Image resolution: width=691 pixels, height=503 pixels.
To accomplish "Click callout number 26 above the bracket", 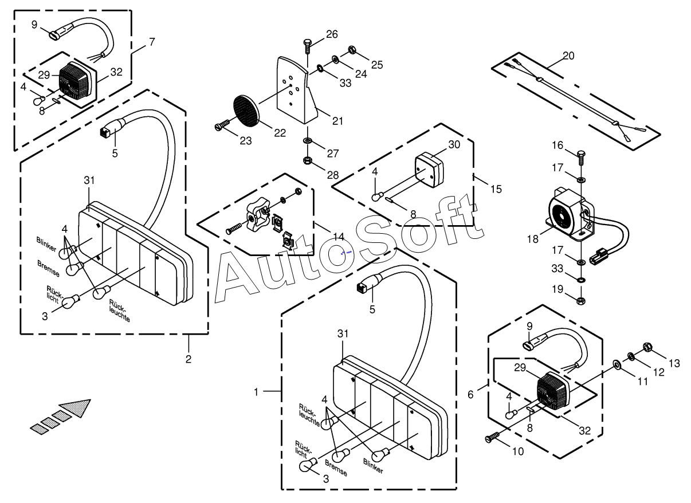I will click(332, 34).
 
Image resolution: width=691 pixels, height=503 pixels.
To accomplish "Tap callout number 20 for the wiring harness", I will click(568, 56).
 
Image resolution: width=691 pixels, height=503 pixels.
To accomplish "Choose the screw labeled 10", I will click(492, 438).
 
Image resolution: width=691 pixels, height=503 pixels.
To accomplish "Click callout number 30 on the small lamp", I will click(454, 145).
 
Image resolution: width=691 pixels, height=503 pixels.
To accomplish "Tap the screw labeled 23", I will click(222, 124).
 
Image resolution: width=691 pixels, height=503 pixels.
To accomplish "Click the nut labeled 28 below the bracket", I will click(308, 160).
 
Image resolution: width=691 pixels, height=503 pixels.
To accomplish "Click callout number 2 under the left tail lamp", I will click(188, 359).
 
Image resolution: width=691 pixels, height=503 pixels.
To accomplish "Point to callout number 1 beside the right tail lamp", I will click(257, 392).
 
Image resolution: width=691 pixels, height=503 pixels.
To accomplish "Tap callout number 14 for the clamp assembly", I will click(338, 237).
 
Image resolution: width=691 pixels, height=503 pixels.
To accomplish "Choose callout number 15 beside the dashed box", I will click(496, 188).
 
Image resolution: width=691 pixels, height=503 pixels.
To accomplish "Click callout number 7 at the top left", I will click(152, 42).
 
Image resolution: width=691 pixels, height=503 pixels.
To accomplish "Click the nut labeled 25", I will click(352, 52).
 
